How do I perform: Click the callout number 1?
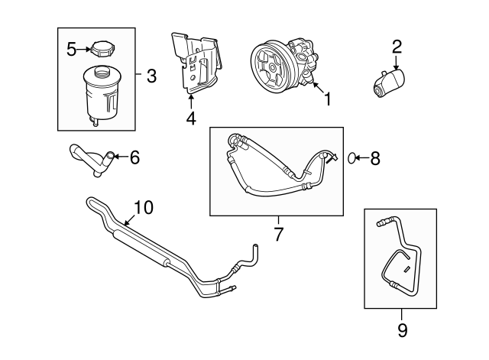328,99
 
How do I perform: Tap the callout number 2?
397,45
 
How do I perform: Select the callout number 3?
151,76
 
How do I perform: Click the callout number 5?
71,50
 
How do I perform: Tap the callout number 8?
374,158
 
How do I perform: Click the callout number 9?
402,330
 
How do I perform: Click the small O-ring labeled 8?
351,158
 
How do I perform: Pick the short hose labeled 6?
91,159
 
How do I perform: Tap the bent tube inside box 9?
397,264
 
